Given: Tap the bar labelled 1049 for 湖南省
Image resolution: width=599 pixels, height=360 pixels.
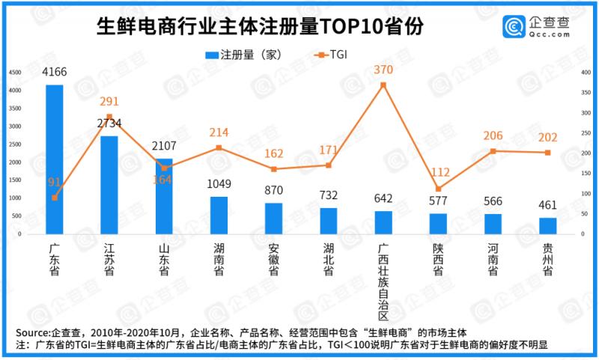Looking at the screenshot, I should coord(219,215).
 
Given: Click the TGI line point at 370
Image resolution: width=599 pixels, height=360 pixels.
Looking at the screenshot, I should coord(383,85).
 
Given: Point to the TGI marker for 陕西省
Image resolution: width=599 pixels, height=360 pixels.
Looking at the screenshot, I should coord(438,189).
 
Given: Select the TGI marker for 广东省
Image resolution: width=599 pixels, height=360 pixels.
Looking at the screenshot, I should coord(55,198).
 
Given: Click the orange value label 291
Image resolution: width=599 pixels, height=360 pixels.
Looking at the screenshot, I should coord(109,101).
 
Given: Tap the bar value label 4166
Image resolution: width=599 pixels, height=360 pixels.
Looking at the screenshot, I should coord(55,73).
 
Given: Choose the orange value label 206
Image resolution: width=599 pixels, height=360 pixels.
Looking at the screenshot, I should coord(493,135).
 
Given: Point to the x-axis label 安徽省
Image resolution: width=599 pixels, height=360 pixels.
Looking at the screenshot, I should coord(274,259).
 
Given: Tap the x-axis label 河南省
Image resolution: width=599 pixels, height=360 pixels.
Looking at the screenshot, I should coord(493,259).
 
